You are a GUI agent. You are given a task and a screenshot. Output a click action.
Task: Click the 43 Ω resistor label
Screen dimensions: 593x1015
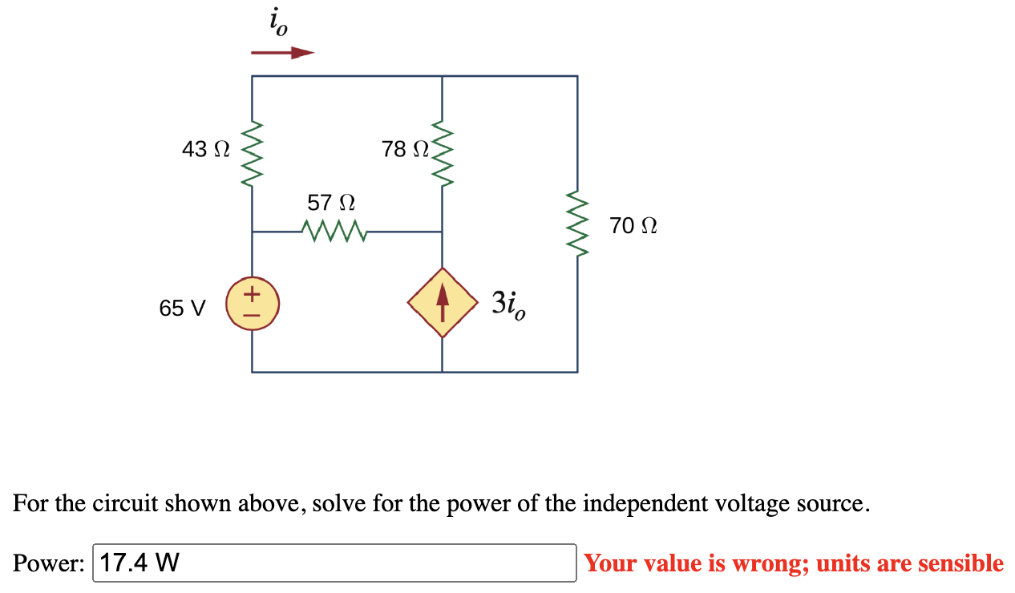(x=206, y=149)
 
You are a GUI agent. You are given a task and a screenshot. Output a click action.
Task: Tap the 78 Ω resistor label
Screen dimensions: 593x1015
(x=406, y=149)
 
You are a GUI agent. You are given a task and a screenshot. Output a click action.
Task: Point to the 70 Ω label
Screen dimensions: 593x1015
(x=633, y=226)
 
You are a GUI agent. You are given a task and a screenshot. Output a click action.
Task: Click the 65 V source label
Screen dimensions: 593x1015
(x=182, y=308)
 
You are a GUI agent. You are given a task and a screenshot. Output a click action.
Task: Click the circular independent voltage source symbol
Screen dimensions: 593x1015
(x=253, y=305)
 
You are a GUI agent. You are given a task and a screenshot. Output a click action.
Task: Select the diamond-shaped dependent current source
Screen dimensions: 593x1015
(x=443, y=303)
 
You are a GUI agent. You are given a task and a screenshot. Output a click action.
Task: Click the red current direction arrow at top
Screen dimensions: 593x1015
(x=281, y=53)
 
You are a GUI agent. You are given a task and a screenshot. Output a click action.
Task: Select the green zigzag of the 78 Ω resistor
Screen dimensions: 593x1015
(x=443, y=152)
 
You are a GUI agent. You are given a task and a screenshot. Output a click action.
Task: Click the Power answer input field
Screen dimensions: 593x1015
(x=334, y=563)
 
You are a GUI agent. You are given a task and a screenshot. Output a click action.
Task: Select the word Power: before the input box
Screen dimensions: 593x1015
(x=48, y=563)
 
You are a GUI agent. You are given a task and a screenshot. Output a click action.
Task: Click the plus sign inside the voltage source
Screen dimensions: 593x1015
(x=253, y=294)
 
